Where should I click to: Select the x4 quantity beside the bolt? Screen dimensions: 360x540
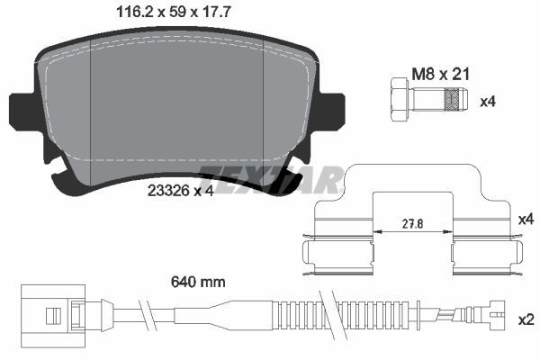click(487, 102)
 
